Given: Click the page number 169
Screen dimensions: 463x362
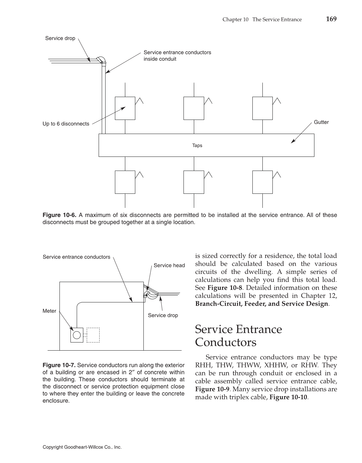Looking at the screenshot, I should coord(331,19).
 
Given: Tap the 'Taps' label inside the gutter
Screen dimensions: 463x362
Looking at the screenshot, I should coord(197,146).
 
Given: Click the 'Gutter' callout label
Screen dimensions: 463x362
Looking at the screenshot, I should coord(321,122).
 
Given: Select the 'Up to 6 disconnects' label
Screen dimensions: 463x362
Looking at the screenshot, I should coord(66,124).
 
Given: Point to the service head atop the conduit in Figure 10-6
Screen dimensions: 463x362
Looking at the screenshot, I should coord(101,59).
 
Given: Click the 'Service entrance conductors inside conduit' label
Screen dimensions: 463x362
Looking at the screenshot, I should coord(177,56).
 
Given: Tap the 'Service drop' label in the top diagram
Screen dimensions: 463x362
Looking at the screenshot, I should coord(60,38).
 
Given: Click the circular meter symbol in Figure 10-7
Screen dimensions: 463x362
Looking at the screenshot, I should coord(77,335).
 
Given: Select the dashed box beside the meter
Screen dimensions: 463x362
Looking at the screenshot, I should coord(93,335).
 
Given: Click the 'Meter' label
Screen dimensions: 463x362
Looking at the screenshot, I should coord(49,311).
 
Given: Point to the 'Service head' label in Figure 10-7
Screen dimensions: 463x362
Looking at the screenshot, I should coord(169,265).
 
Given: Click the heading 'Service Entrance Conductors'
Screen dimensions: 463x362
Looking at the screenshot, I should coord(238,336).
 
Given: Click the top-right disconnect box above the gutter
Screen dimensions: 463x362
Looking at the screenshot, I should coord(262,108).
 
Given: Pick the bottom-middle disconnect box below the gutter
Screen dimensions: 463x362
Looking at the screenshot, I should coord(194,182).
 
